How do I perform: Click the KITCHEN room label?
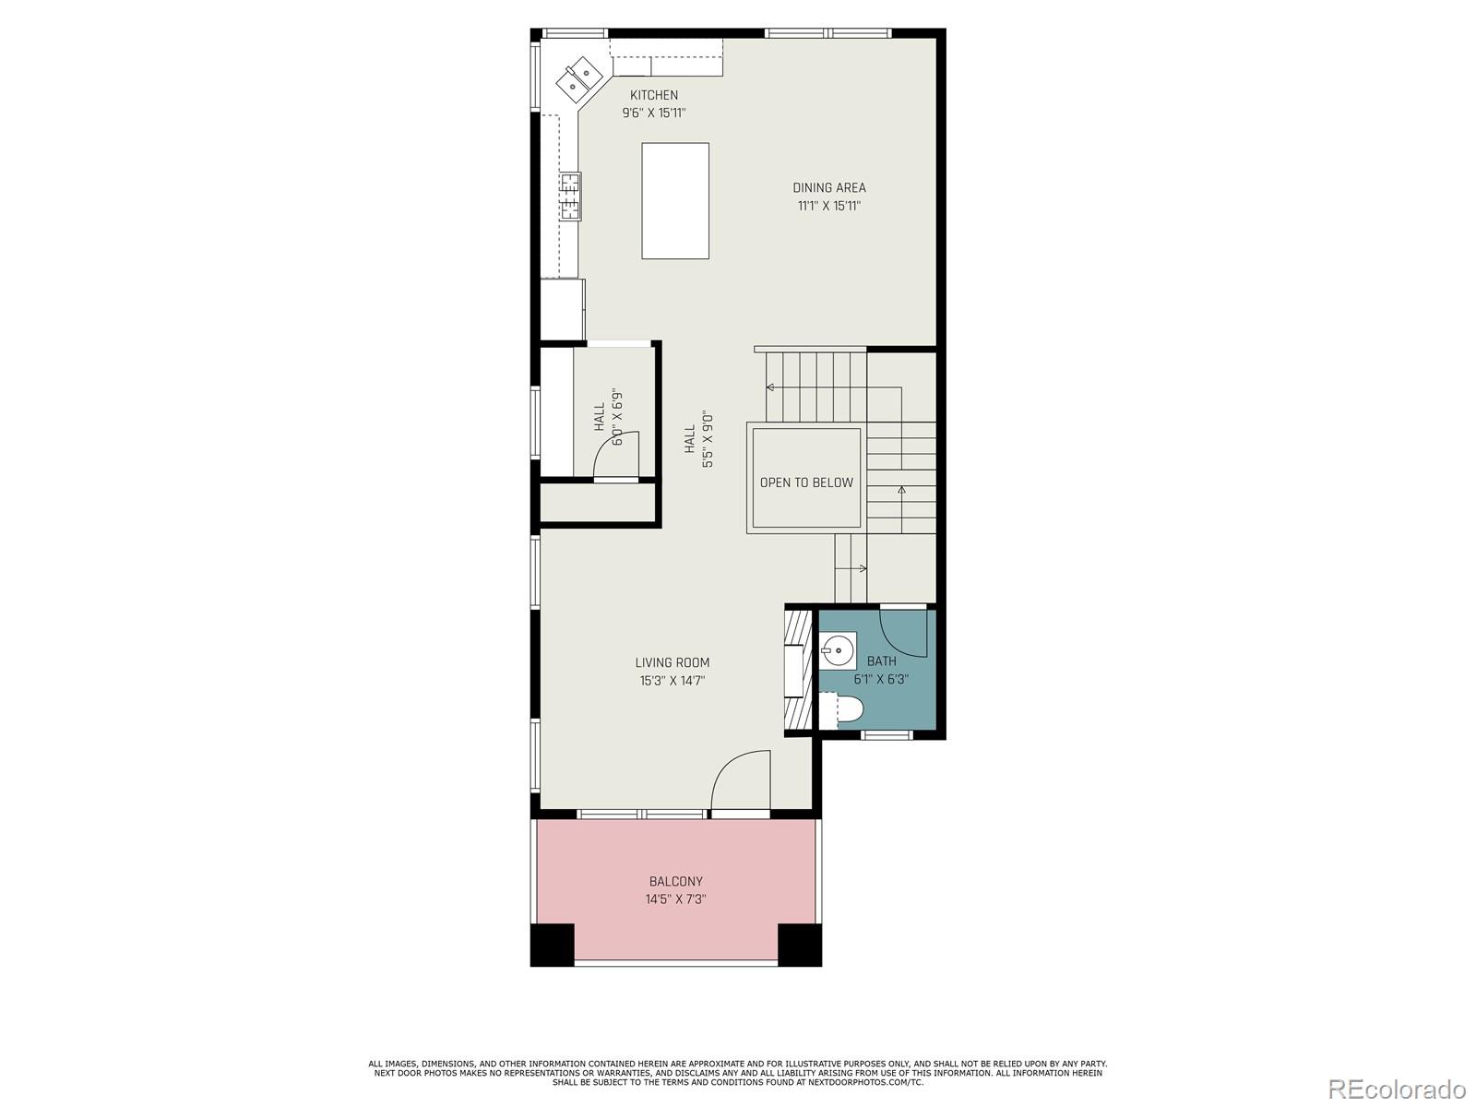click(x=654, y=95)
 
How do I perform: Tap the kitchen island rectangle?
click(x=675, y=200)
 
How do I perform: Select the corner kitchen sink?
click(x=578, y=78)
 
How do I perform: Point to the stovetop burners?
click(x=571, y=196)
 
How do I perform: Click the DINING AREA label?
click(x=829, y=187)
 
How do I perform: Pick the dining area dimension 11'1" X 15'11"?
click(x=829, y=206)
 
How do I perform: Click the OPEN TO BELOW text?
click(x=806, y=482)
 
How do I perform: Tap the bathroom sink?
click(x=838, y=650)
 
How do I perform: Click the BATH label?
click(x=881, y=661)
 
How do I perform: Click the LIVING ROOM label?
click(x=672, y=662)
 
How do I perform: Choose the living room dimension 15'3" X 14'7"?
click(x=672, y=680)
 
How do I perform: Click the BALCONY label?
click(x=676, y=880)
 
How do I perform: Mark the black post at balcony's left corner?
click(x=553, y=945)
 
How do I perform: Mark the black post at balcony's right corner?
click(x=800, y=945)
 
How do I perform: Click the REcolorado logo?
click(x=1397, y=1088)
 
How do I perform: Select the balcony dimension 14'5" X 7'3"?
click(x=676, y=899)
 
